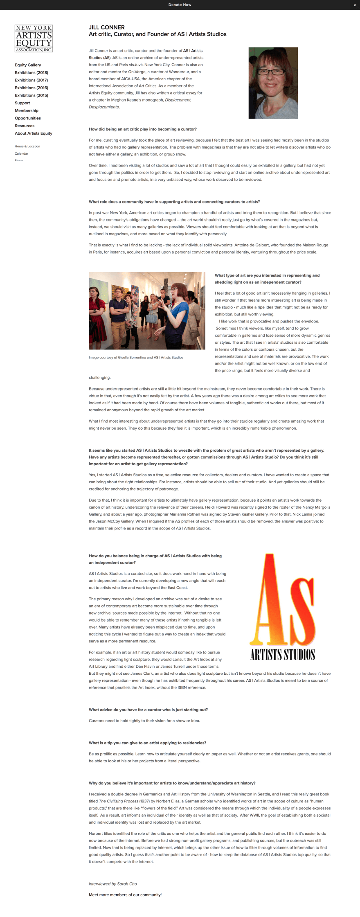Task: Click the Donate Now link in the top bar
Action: coord(180,5)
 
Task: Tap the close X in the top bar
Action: coord(355,5)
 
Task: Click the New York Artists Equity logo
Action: coord(34,38)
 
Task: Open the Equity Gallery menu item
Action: coord(28,65)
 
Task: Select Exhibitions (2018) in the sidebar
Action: coord(32,73)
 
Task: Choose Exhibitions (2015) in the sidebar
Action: coord(32,95)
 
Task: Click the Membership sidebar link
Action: coord(27,110)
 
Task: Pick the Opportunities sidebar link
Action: coord(28,118)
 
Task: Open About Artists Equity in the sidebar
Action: coord(34,133)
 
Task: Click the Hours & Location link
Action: coord(27,146)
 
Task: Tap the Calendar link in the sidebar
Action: coord(21,153)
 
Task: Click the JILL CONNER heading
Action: coord(107,27)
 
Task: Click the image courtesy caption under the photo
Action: coord(136,357)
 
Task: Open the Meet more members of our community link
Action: coord(125,894)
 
